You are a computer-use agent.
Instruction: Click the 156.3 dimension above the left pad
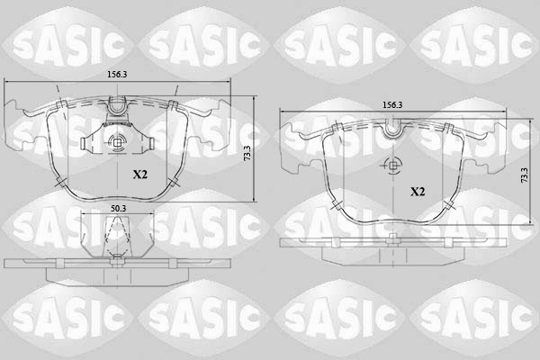click(x=117, y=76)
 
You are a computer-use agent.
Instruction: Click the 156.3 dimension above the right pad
click(x=392, y=104)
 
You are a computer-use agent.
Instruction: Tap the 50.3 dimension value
click(x=118, y=208)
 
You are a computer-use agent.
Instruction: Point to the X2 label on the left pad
click(x=140, y=174)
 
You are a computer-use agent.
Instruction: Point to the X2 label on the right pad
click(x=418, y=192)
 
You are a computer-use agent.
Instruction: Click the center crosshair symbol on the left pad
click(x=117, y=141)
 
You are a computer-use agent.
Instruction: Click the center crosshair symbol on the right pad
click(x=392, y=166)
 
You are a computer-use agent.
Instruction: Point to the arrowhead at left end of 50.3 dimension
click(x=84, y=214)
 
